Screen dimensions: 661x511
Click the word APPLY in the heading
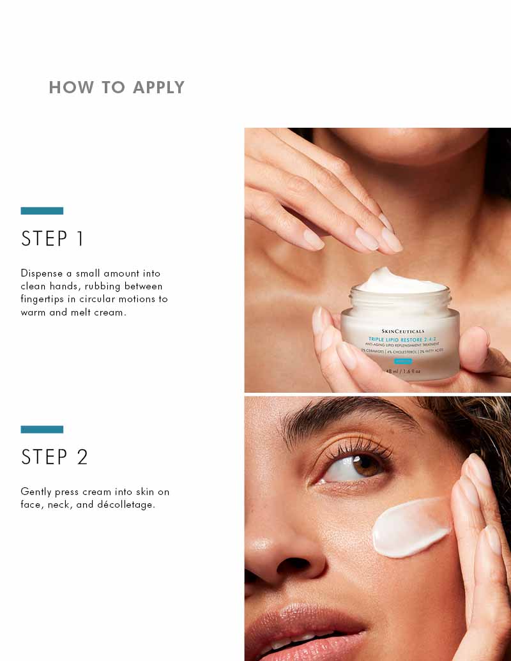pyautogui.click(x=158, y=87)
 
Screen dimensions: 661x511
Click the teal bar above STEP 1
pyautogui.click(x=42, y=211)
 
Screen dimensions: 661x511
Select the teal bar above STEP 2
pyautogui.click(x=42, y=429)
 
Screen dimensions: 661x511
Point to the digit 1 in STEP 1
pyautogui.click(x=80, y=239)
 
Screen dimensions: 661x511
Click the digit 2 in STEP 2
pyautogui.click(x=82, y=457)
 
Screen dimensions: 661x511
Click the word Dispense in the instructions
pyautogui.click(x=42, y=273)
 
